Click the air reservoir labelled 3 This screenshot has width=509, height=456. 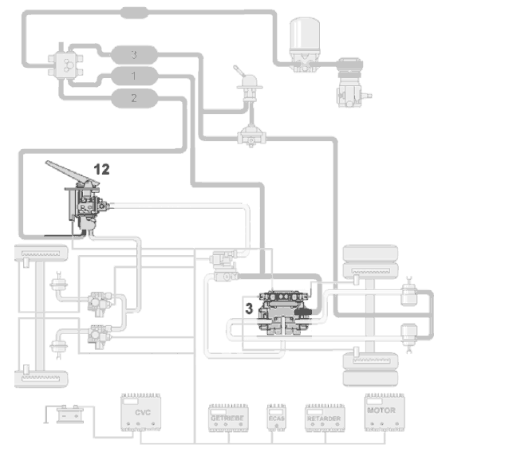135,54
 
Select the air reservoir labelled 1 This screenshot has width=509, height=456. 134,77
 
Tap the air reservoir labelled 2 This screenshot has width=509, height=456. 134,99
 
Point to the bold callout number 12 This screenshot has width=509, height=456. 101,169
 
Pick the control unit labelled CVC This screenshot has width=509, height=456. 142,413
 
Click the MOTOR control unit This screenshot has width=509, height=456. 381,411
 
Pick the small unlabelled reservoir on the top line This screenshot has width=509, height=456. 134,13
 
